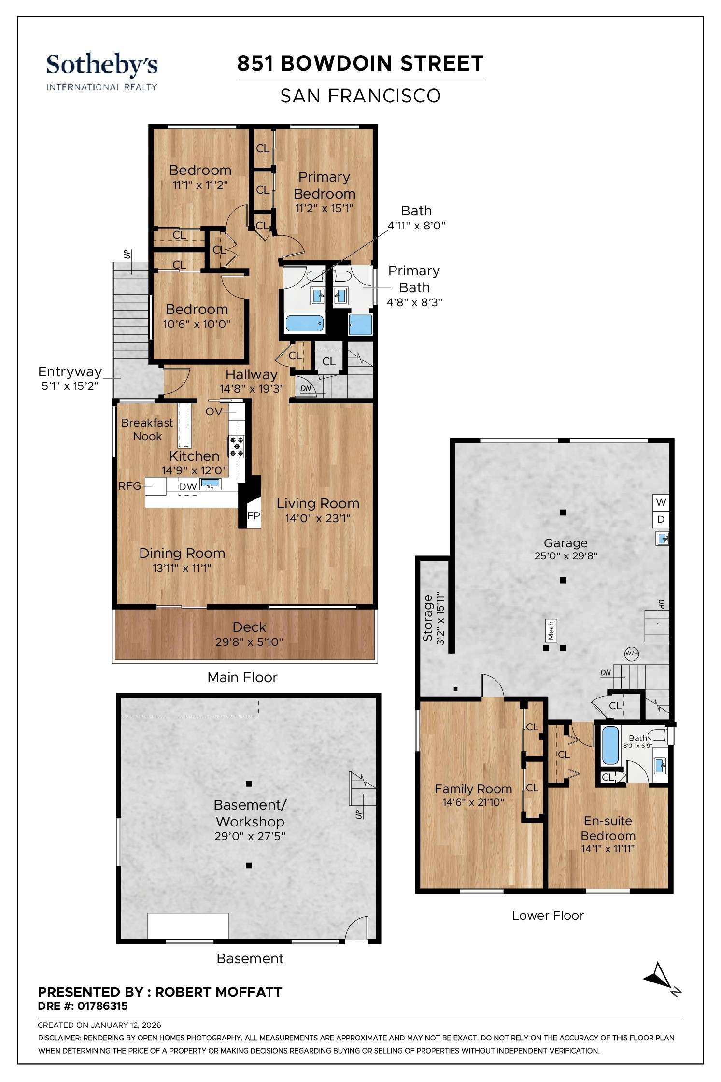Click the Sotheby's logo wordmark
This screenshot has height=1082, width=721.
pos(102,65)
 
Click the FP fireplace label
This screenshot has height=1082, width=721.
pos(254,515)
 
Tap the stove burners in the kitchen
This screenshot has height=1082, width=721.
pos(237,446)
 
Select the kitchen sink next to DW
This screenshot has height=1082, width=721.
pos(210,484)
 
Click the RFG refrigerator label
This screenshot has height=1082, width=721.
pos(129,486)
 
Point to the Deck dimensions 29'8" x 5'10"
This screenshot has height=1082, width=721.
pos(249,642)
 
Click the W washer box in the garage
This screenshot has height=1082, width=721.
pos(661,502)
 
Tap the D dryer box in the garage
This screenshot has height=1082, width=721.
pos(661,519)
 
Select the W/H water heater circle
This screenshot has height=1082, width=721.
pos(632,654)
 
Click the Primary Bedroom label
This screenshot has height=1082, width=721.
pos(324,185)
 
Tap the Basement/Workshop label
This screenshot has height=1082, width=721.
pos(250,813)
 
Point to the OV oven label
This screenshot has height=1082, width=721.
pos(213,411)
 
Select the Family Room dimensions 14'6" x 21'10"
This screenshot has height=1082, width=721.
pos(473,802)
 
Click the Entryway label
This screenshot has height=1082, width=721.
pos(70,371)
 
